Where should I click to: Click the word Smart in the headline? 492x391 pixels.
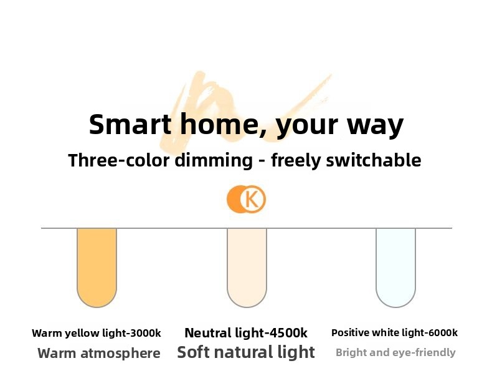tap(130, 124)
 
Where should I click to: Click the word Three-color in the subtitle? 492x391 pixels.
tap(119, 160)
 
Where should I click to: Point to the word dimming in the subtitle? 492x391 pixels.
tap(214, 160)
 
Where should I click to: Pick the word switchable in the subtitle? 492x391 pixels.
tap(374, 160)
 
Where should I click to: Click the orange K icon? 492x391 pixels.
tap(247, 200)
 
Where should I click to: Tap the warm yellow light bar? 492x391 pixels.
tap(97, 268)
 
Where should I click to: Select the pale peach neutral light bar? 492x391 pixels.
tap(247, 268)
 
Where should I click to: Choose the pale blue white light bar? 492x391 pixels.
tap(395, 268)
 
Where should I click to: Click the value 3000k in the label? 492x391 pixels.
tap(145, 333)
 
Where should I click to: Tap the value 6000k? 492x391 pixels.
tap(442, 332)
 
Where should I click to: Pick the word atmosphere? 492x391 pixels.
tap(120, 354)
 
